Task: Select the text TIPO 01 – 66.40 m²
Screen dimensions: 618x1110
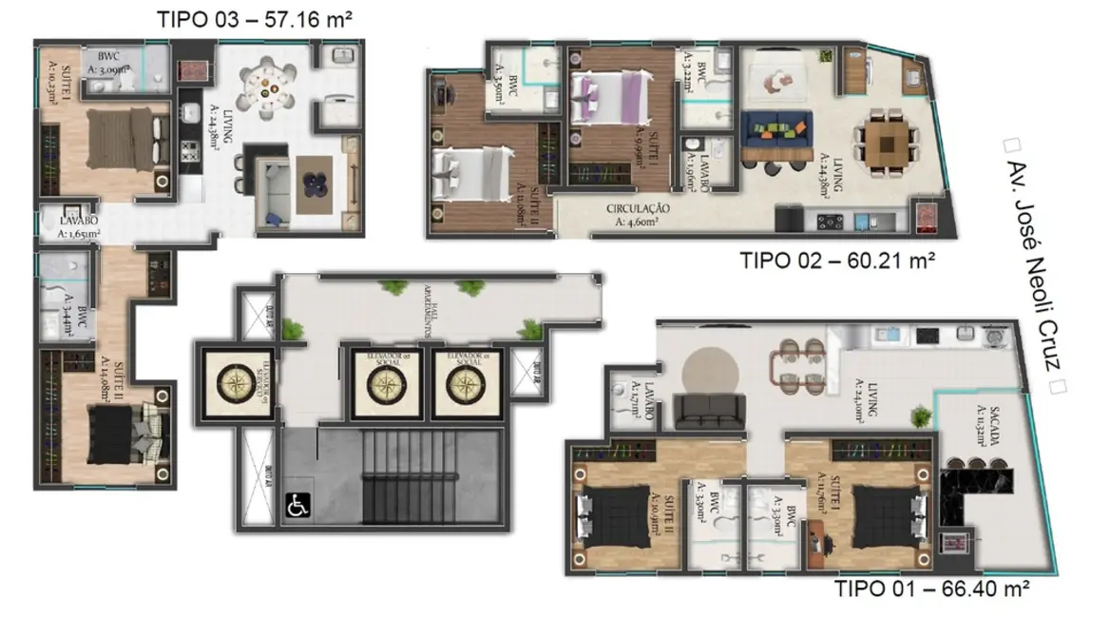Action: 932,589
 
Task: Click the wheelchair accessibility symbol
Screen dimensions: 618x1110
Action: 297,506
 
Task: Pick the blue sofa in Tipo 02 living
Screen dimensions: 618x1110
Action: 776,131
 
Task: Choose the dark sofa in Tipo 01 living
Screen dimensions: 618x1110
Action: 712,411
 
